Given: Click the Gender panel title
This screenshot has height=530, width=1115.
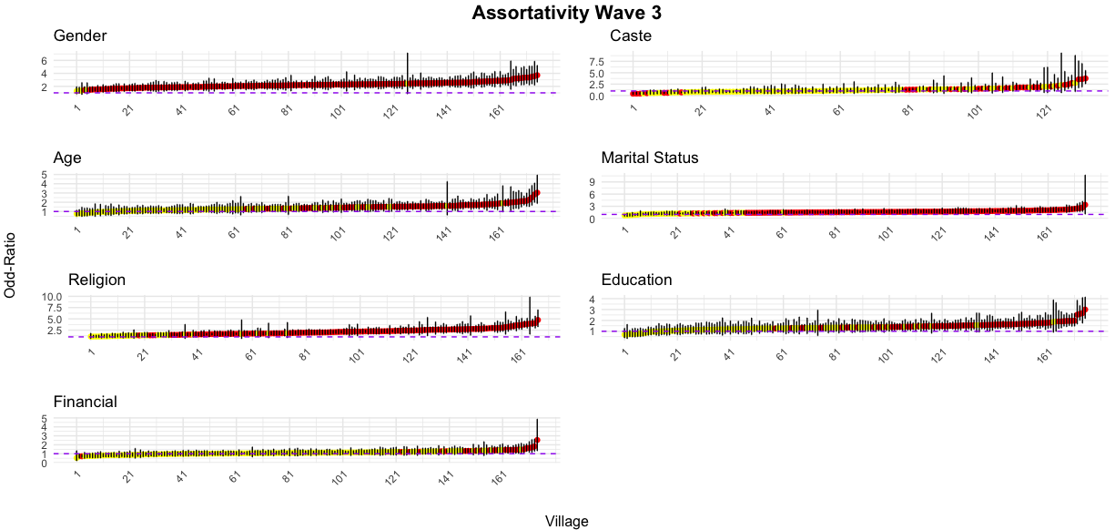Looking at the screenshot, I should tap(80, 36).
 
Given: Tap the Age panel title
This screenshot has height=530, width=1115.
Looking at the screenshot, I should tap(67, 158).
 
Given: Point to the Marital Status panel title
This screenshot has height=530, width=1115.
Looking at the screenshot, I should tap(650, 158).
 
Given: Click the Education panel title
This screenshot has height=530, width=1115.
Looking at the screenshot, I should tap(636, 280).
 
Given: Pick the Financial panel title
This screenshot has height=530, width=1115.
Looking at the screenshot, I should tap(86, 402).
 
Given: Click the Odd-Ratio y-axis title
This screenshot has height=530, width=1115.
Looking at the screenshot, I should tap(11, 263).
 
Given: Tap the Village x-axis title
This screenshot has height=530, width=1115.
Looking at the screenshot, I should tap(566, 522).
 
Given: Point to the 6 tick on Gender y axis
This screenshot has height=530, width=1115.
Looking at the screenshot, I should tap(43, 60).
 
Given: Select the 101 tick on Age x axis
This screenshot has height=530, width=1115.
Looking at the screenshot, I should tap(340, 234).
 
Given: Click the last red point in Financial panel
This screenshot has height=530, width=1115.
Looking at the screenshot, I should tap(537, 441).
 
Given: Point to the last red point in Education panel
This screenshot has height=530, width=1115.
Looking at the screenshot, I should tap(1085, 311).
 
